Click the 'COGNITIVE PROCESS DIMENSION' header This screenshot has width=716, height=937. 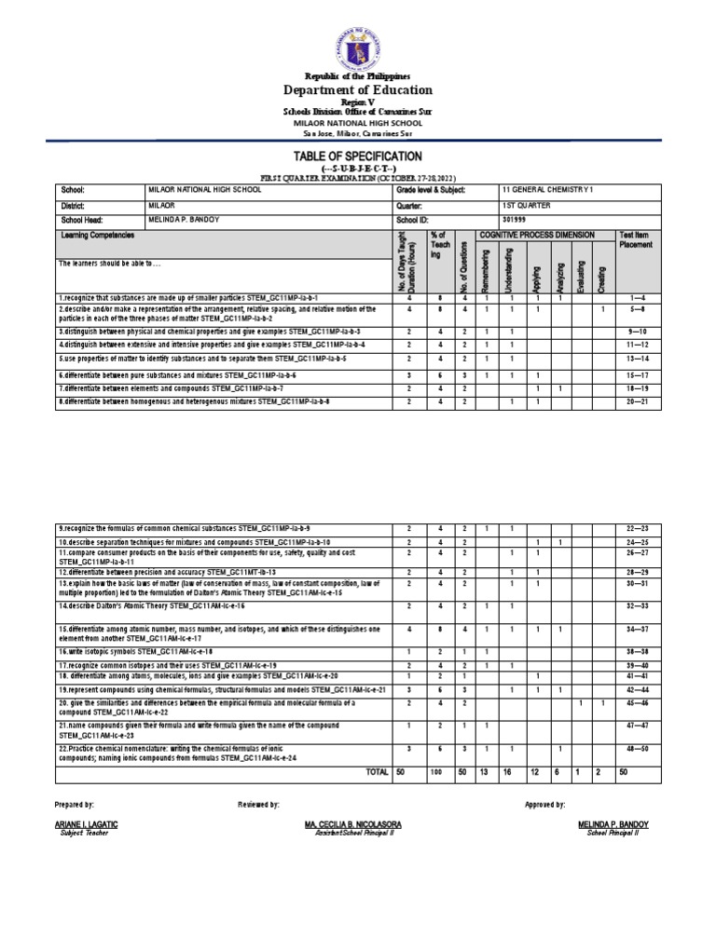click(x=542, y=237)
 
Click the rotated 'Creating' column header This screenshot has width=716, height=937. click(x=603, y=277)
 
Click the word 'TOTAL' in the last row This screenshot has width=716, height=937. click(x=378, y=772)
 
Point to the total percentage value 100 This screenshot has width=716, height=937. click(x=434, y=773)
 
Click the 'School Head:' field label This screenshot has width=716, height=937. click(x=79, y=221)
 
